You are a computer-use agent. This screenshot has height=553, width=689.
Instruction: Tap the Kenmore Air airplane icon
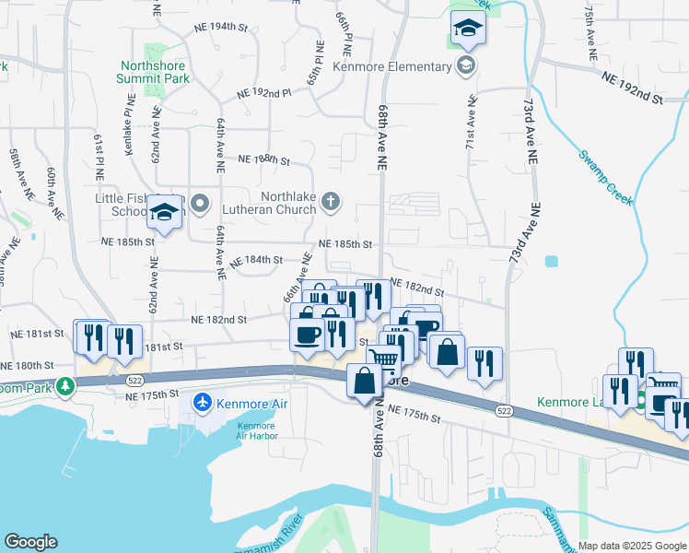pos(203,403)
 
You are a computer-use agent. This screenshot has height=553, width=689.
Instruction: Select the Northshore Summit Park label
pos(152,73)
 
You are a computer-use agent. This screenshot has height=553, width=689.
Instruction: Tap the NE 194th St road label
pos(222,27)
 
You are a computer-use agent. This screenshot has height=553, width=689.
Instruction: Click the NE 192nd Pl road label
pos(263,93)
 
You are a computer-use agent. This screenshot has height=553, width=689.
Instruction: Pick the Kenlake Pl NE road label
pos(127,130)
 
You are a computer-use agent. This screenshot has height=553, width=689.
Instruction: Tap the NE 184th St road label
pos(255,260)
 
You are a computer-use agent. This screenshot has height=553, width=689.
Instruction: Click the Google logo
pos(30,542)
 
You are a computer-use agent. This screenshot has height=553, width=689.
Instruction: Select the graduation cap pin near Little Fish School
pos(164,213)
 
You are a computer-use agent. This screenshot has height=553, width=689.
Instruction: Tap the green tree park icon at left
pos(65,384)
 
